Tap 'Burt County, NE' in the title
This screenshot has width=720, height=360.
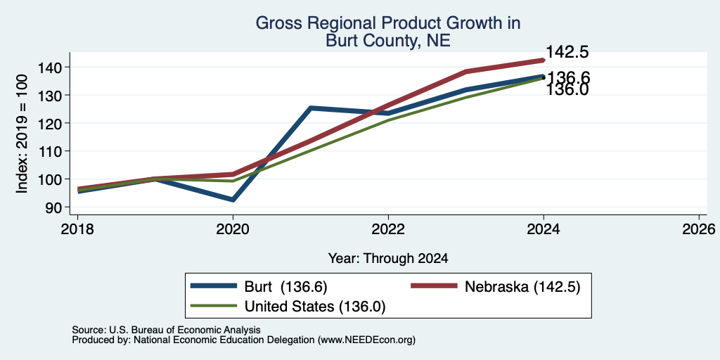pyautogui.click(x=388, y=41)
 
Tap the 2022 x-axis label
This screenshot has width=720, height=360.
pyautogui.click(x=388, y=229)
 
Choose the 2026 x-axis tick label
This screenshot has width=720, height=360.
pyautogui.click(x=699, y=229)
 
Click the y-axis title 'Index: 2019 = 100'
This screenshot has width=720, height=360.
pyautogui.click(x=22, y=134)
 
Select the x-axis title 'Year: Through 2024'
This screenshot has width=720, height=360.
pyautogui.click(x=388, y=259)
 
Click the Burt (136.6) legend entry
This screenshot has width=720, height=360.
pyautogui.click(x=259, y=287)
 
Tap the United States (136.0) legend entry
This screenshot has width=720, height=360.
pyautogui.click(x=288, y=307)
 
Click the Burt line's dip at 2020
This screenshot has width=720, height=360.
pyautogui.click(x=233, y=200)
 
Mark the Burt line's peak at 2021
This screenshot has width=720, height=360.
pyautogui.click(x=311, y=108)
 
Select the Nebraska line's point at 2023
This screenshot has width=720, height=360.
pyautogui.click(x=465, y=72)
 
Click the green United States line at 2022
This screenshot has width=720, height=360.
pyautogui.click(x=388, y=120)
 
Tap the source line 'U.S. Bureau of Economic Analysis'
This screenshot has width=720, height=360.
pyautogui.click(x=185, y=330)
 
